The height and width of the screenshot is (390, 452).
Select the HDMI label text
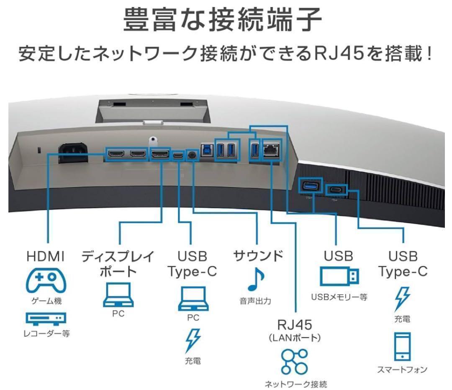[46, 256]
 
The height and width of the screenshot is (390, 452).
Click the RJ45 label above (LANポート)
[294, 324]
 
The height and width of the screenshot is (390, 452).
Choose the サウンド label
[258, 255]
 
